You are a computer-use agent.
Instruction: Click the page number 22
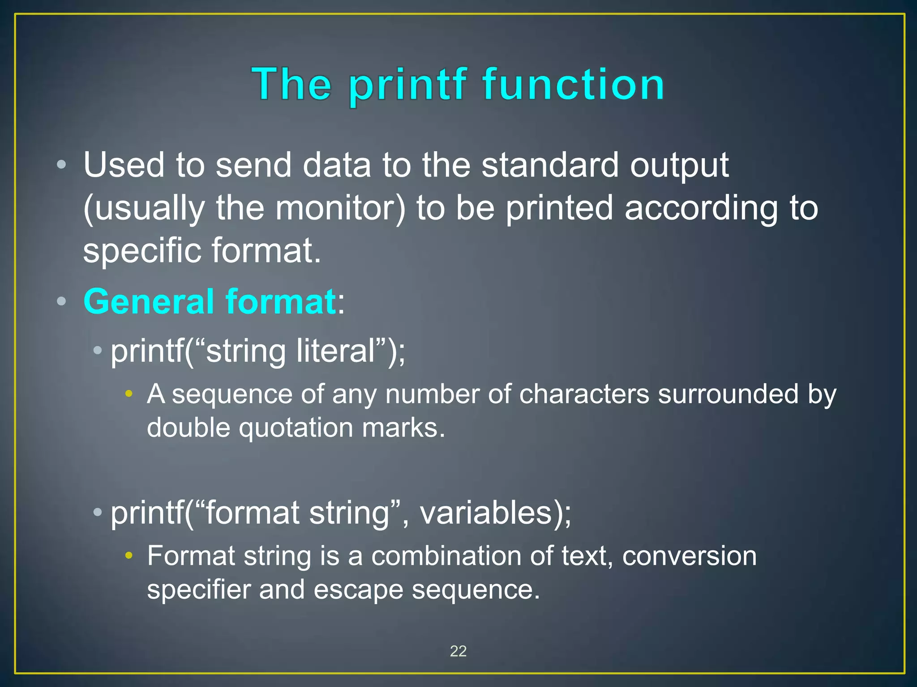click(458, 651)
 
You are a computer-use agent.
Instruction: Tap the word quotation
click(296, 428)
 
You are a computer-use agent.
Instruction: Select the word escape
click(358, 589)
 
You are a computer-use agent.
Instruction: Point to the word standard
click(550, 165)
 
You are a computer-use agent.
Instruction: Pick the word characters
click(584, 394)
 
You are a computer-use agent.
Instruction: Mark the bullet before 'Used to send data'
click(62, 165)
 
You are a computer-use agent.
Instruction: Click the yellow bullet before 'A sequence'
click(129, 394)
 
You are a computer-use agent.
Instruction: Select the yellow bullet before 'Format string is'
click(129, 556)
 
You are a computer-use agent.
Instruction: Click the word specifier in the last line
click(199, 589)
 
